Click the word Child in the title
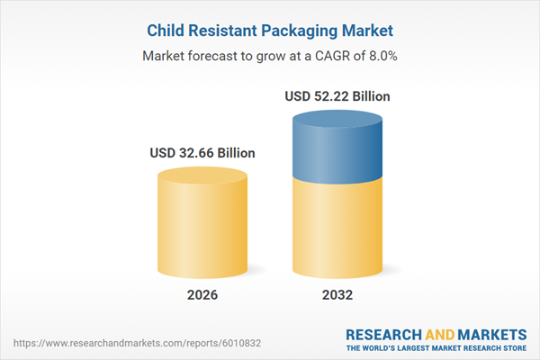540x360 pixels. (167, 31)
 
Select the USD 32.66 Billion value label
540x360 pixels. (202, 153)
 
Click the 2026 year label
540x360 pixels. (202, 295)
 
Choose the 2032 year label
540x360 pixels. (337, 295)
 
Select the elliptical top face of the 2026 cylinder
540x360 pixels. (202, 174)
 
